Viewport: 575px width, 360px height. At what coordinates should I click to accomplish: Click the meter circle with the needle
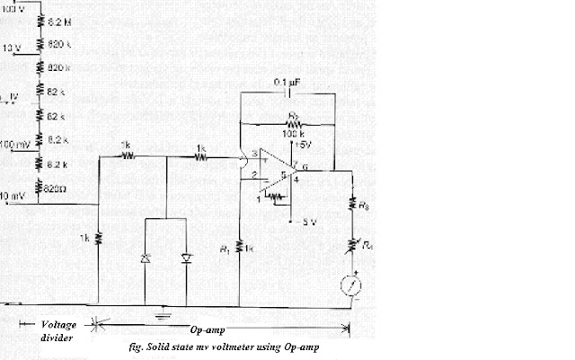click(x=355, y=286)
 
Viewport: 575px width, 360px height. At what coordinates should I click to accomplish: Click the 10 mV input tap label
click(x=13, y=195)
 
